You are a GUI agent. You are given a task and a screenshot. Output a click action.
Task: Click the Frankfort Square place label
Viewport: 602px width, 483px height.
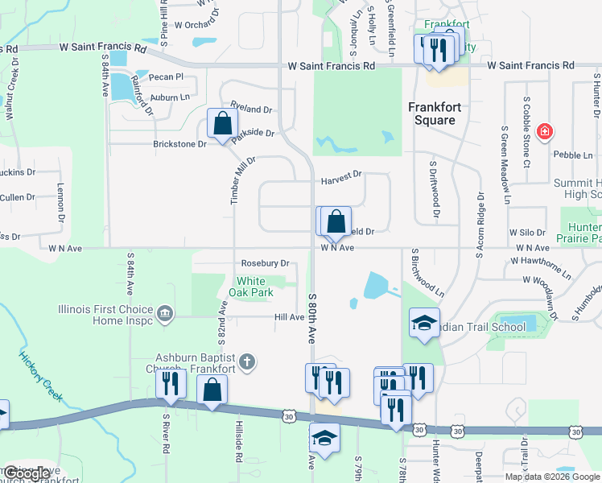click(x=431, y=113)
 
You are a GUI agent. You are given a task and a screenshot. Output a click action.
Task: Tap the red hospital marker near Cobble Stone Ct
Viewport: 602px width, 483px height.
click(x=545, y=131)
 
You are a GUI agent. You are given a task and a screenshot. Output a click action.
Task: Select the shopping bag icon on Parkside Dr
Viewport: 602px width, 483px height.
click(x=223, y=124)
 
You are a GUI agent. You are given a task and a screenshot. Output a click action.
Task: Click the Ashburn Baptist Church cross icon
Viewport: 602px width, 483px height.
click(x=247, y=363)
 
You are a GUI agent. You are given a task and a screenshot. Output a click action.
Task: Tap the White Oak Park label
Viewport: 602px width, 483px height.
click(x=257, y=286)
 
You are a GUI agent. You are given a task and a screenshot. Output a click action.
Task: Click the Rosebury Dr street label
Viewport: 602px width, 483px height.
click(x=265, y=263)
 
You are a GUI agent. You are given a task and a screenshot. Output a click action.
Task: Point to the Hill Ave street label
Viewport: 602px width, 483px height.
click(x=290, y=317)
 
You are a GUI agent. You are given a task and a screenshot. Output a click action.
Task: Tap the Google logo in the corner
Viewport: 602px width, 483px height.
click(x=27, y=473)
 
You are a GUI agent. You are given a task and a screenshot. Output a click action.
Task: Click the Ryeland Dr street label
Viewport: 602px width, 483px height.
click(x=251, y=109)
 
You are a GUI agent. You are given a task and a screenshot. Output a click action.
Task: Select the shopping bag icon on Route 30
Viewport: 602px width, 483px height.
click(x=212, y=390)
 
